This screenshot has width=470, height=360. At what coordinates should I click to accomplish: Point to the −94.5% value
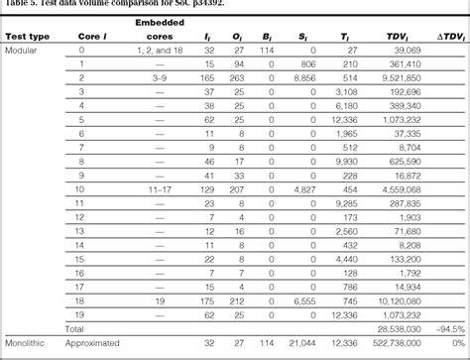(x=449, y=326)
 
